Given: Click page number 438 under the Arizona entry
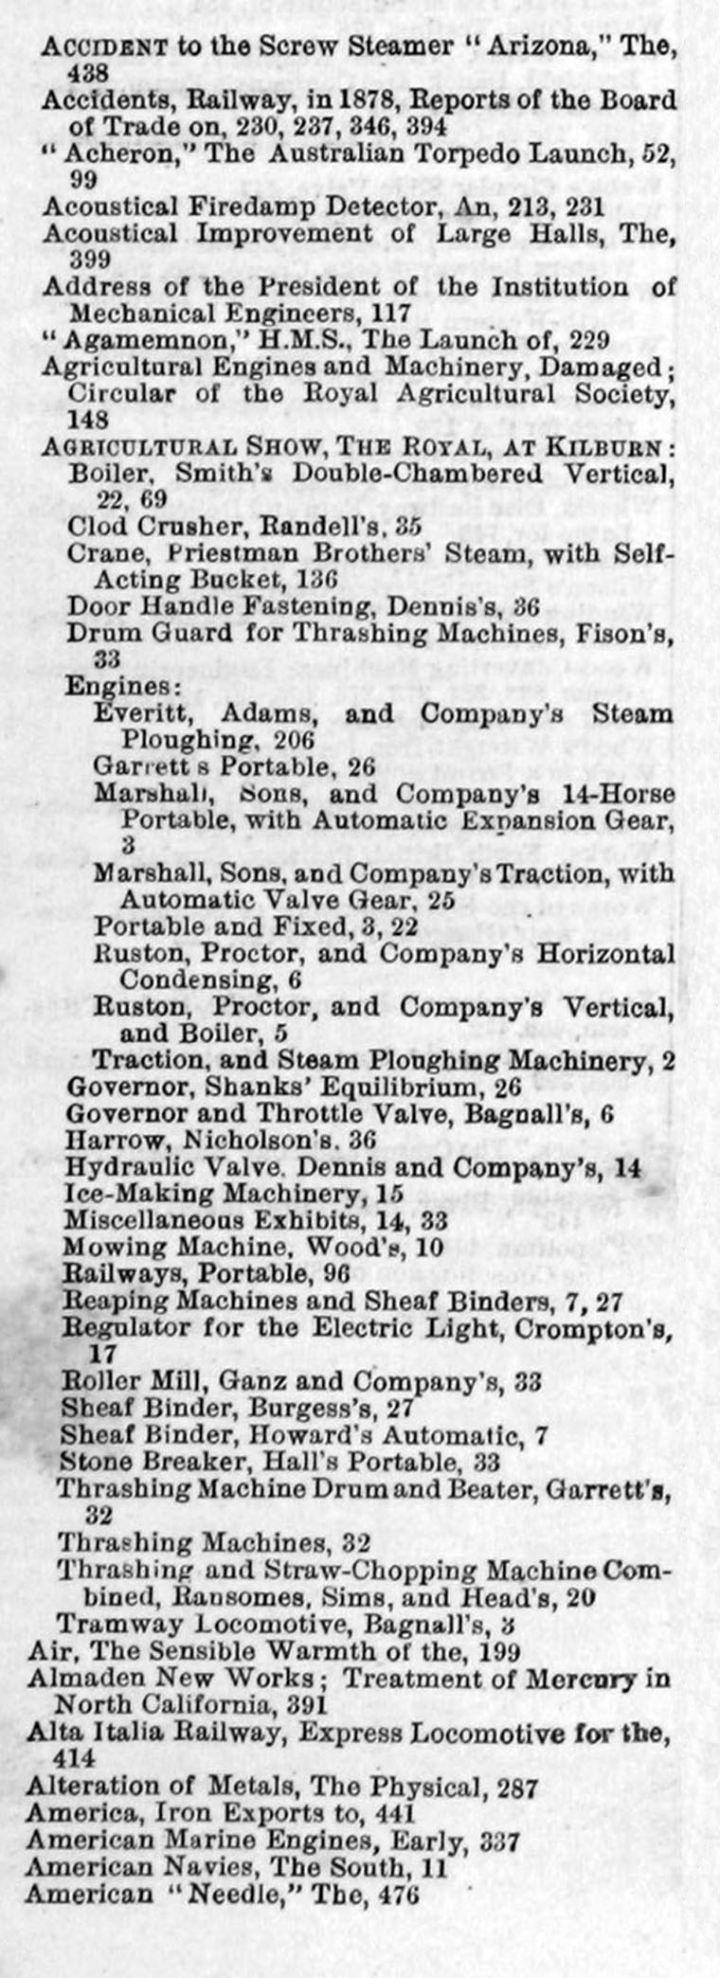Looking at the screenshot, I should [86, 72].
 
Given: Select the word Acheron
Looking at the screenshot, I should [103, 153].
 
